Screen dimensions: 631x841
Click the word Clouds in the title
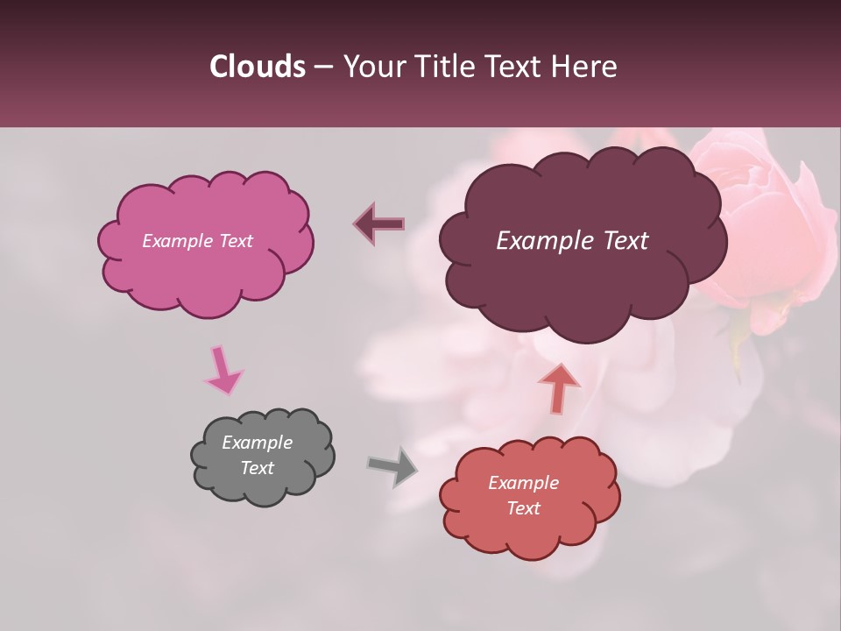click(258, 67)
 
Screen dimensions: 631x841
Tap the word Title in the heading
click(447, 67)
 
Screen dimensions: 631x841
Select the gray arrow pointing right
click(392, 466)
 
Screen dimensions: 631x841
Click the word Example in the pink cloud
click(175, 241)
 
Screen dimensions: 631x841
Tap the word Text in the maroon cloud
click(621, 241)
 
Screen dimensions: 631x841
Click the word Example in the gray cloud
click(258, 443)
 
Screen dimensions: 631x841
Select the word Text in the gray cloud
click(258, 468)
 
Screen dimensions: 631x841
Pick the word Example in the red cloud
click(523, 483)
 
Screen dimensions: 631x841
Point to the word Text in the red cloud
click(523, 508)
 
